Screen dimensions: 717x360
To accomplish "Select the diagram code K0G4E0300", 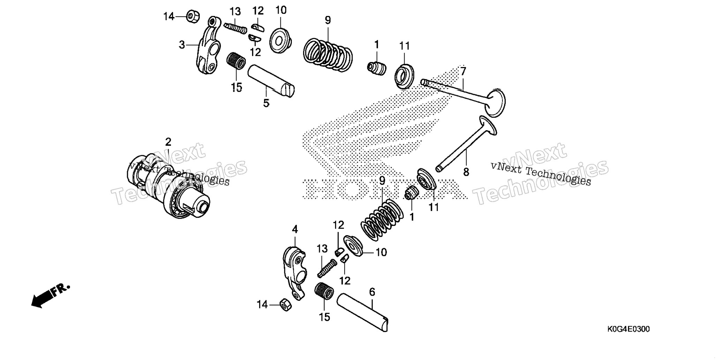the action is [628, 329].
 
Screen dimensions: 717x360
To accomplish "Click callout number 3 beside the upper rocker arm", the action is [182, 45].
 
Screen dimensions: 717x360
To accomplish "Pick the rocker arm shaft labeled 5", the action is [271, 81].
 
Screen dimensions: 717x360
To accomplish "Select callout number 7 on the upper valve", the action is [463, 71].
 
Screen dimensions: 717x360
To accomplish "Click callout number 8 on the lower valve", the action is [466, 172].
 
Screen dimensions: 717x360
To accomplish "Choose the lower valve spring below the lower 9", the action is [382, 220].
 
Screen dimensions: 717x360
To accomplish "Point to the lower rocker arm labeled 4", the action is [295, 272].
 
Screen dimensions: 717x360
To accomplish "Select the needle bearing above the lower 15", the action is [324, 291].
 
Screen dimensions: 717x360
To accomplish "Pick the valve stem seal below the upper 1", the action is [377, 68].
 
